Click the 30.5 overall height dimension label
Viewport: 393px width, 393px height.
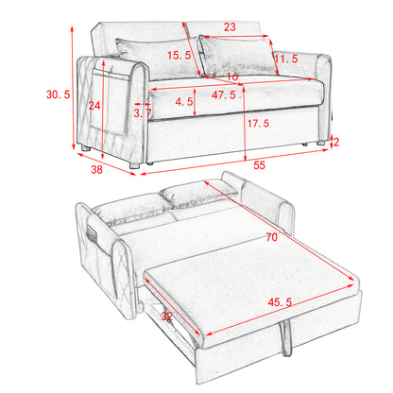58,94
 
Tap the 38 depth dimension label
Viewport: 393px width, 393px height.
96,169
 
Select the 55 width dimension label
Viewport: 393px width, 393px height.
259,165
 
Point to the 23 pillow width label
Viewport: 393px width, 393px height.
230,27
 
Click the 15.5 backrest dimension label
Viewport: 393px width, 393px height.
179,56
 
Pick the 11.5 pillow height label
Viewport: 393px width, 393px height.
286,59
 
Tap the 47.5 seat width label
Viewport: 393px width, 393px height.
224,94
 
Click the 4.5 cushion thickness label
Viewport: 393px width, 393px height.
184,102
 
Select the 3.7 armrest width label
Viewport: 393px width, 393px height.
143,113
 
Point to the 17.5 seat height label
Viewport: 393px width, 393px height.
258,123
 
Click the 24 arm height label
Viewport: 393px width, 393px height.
94,106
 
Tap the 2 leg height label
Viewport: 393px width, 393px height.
336,143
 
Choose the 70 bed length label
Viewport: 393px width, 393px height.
271,237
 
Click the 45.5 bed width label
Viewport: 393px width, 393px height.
280,302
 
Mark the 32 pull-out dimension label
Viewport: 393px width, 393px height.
166,316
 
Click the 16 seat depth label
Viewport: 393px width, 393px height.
232,77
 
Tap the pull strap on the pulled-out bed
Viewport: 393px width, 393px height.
286,337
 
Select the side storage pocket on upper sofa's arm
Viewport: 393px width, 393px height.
110,101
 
